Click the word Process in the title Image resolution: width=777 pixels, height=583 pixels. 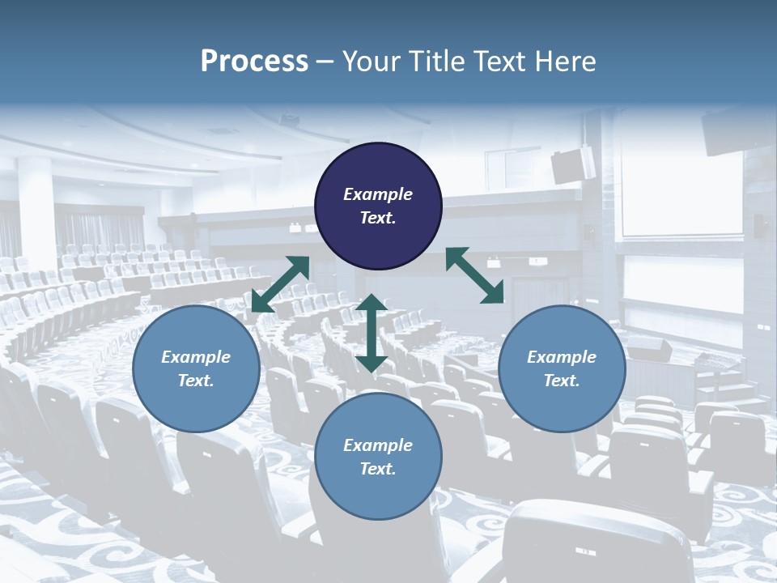click(x=254, y=62)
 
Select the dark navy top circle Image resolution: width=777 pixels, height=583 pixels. click(x=378, y=206)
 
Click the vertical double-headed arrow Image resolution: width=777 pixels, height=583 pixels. click(x=372, y=333)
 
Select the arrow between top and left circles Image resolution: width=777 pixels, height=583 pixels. click(x=280, y=283)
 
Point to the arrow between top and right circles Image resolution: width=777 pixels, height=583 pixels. click(x=475, y=275)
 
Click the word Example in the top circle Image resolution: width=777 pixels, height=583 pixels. click(x=378, y=194)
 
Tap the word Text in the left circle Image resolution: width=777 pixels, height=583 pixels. click(x=196, y=381)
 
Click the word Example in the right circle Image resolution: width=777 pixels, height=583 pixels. click(x=562, y=357)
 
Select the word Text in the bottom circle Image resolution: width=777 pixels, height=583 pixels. click(x=378, y=469)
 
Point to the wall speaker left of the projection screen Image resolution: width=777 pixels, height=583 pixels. click(x=573, y=164)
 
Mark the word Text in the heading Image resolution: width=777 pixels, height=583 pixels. click(x=499, y=62)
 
